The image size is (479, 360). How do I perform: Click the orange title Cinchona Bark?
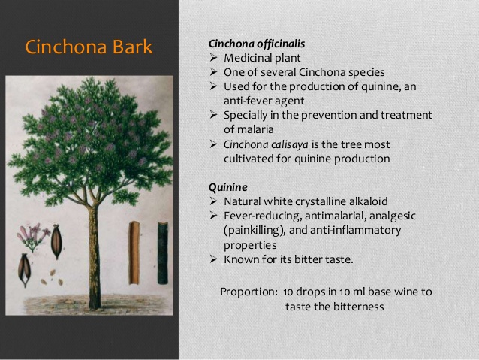point(89,47)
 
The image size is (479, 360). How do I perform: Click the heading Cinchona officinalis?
point(257,44)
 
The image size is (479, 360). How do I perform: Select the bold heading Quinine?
point(228,187)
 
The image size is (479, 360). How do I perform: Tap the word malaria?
point(249,129)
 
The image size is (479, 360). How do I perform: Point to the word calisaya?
point(290,144)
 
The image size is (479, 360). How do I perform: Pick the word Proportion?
point(248,292)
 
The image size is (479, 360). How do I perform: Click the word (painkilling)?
point(255,230)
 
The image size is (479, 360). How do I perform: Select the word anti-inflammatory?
point(356,230)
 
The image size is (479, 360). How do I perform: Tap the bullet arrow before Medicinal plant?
point(213,58)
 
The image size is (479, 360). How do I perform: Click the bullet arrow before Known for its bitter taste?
point(213,259)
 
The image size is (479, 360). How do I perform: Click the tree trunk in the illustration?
point(95,257)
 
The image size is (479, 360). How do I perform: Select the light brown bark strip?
point(134,253)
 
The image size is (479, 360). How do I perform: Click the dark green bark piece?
point(163,253)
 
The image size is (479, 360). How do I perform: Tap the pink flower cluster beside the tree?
point(33,237)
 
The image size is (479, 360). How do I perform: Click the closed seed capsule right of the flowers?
point(56,242)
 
